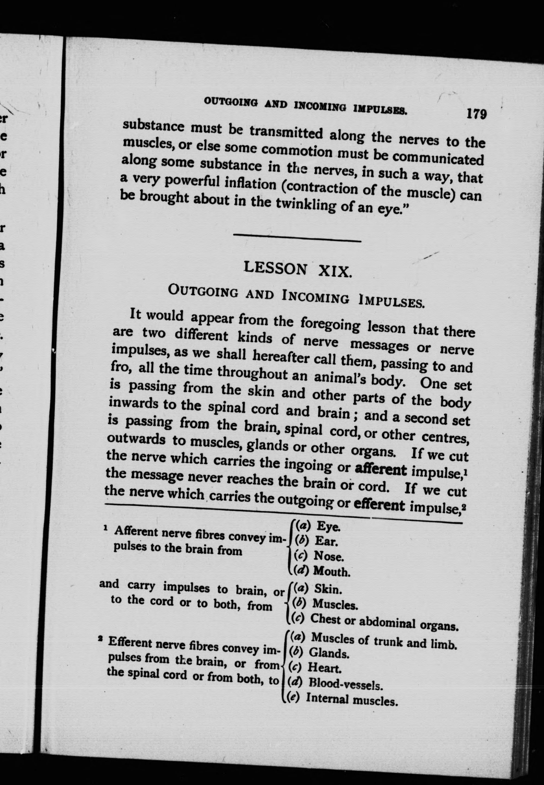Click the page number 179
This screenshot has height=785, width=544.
click(477, 114)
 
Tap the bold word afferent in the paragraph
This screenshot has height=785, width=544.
click(381, 470)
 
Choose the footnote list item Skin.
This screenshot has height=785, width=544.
click(328, 589)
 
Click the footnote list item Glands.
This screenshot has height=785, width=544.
click(329, 653)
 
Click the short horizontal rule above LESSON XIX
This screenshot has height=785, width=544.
click(297, 238)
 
